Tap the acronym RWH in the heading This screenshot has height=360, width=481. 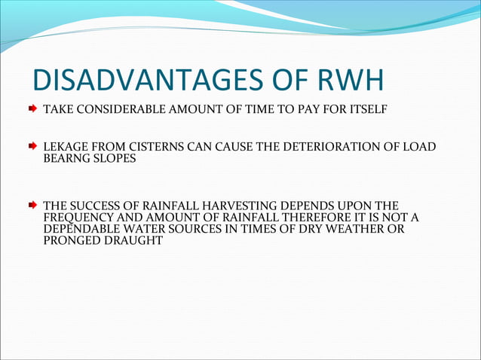tap(354, 83)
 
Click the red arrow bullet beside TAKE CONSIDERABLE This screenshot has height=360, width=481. tap(32, 109)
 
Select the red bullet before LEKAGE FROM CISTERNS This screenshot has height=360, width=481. tap(32, 146)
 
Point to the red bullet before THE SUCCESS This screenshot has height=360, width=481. tap(32, 206)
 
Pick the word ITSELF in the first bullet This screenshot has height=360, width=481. tap(369, 110)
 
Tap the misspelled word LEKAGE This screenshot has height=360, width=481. tap(64, 146)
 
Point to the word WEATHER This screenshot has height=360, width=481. tap(354, 229)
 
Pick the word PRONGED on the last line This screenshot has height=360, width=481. tap(72, 241)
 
